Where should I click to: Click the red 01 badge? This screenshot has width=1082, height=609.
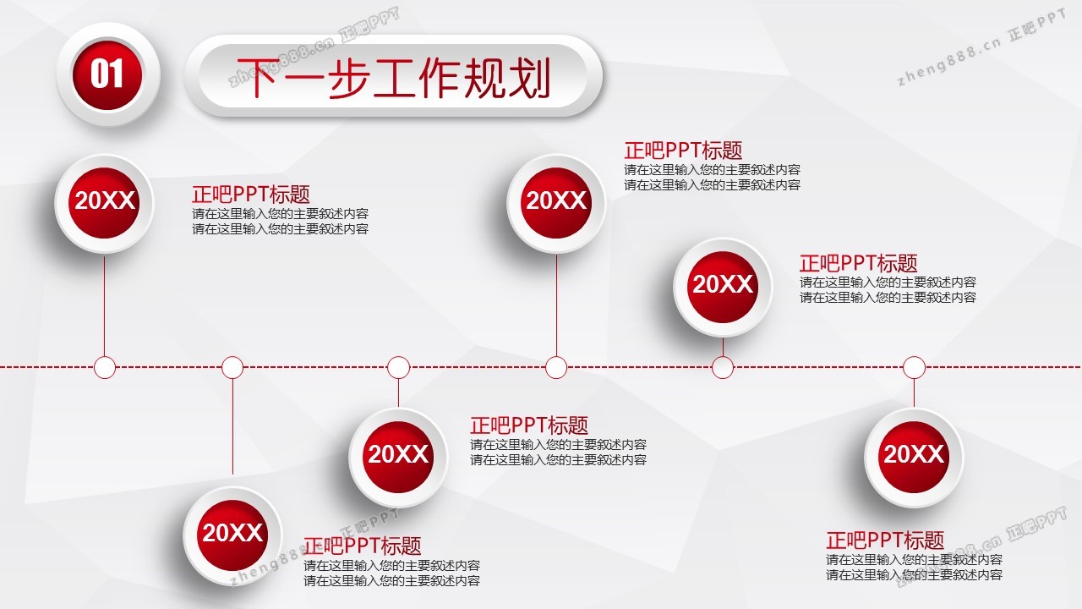[x=107, y=75]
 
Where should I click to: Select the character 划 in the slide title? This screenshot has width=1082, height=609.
[x=529, y=78]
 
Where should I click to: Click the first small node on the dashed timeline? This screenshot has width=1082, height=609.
[x=105, y=367]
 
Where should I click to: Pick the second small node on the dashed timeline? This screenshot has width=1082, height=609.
[x=232, y=367]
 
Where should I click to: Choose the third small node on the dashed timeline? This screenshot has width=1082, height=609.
[x=398, y=367]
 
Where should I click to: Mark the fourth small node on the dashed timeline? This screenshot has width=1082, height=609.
[x=556, y=367]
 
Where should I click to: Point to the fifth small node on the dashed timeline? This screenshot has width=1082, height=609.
[x=723, y=367]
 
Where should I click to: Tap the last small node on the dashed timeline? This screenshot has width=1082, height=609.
[x=914, y=367]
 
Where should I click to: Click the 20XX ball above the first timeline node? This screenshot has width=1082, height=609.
[x=104, y=203]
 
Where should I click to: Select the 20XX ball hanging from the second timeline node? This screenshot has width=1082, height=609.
[x=232, y=535]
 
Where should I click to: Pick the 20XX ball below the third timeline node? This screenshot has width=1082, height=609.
[x=398, y=457]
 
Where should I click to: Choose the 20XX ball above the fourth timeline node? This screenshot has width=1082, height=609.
[x=556, y=203]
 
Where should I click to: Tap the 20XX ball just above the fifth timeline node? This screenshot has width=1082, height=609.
[x=723, y=287]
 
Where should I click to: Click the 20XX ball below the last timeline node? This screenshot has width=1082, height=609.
[x=914, y=457]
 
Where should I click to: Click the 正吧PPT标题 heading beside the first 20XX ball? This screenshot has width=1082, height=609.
[x=251, y=195]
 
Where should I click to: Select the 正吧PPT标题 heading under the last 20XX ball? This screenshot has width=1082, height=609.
[x=885, y=540]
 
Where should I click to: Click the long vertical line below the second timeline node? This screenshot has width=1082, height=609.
[x=232, y=426]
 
